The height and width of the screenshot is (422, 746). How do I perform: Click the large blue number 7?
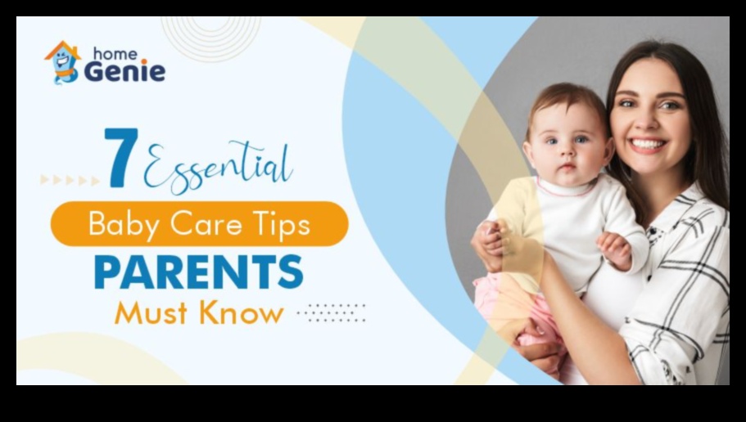pos(122,158)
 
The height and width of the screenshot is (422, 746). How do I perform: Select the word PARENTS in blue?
pos(198,272)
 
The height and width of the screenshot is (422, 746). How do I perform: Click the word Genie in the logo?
pos(124,71)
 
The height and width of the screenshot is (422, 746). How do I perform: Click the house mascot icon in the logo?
pos(62,62)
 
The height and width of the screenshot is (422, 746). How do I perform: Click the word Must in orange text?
pos(148,312)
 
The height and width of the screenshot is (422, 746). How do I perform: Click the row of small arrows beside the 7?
pos(70,180)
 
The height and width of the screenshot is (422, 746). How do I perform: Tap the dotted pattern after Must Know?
pos(332,312)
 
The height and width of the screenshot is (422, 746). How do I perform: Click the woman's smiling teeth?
pos(647,144)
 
